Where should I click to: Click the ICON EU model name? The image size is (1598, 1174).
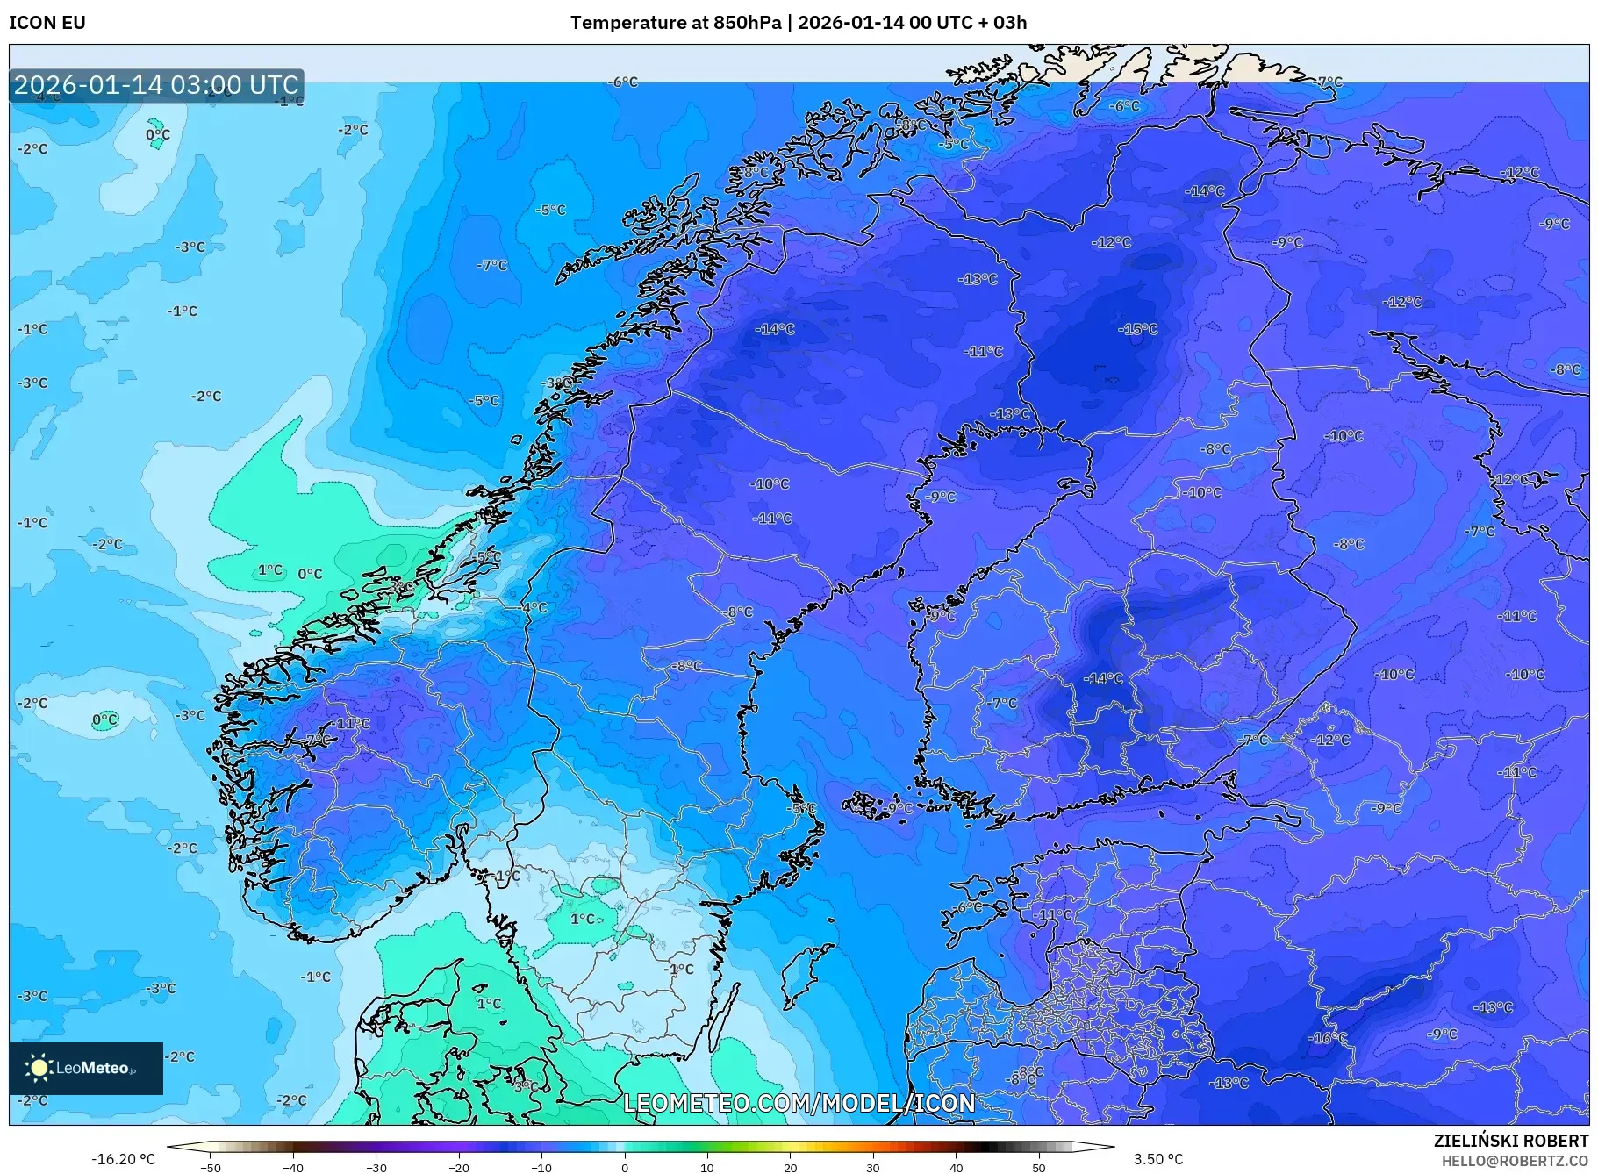pyautogui.click(x=47, y=23)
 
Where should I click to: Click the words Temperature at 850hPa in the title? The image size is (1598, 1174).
pyautogui.click(x=675, y=23)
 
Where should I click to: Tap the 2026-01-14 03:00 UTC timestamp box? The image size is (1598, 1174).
pyautogui.click(x=156, y=85)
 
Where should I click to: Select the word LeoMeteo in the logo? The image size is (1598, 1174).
pyautogui.click(x=92, y=1068)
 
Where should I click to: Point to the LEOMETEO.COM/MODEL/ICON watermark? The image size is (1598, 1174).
pyautogui.click(x=799, y=1102)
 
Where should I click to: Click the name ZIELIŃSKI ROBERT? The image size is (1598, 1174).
pyautogui.click(x=1510, y=1141)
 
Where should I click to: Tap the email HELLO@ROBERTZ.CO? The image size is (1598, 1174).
pyautogui.click(x=1515, y=1161)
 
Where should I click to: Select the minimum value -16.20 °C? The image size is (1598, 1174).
pyautogui.click(x=123, y=1159)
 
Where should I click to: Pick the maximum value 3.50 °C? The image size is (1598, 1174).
pyautogui.click(x=1158, y=1159)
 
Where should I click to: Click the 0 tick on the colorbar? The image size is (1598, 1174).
pyautogui.click(x=625, y=1168)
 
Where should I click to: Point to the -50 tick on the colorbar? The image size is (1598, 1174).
pyautogui.click(x=211, y=1168)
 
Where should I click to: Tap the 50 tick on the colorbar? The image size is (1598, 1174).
pyautogui.click(x=1039, y=1168)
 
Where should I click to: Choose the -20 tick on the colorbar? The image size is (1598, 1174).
pyautogui.click(x=459, y=1168)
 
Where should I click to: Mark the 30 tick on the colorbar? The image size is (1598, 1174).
pyautogui.click(x=873, y=1168)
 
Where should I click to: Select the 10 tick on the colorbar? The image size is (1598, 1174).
pyautogui.click(x=707, y=1168)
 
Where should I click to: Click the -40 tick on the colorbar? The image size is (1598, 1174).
pyautogui.click(x=293, y=1168)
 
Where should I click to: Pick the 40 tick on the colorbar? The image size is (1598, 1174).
pyautogui.click(x=957, y=1168)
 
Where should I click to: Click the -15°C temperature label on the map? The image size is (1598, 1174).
pyautogui.click(x=1138, y=329)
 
